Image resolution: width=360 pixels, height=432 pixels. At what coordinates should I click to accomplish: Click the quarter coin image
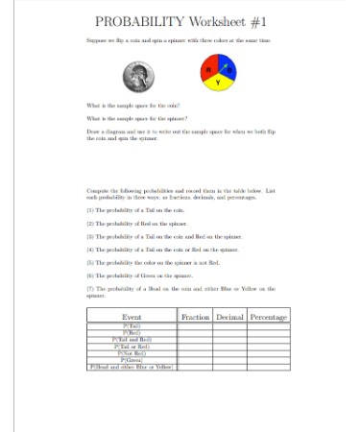136,77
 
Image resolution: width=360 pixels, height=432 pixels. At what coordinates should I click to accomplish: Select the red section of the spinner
211,71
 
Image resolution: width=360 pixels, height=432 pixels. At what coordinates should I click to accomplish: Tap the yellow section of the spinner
219,84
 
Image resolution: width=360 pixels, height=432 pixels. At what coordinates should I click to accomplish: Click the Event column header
133,316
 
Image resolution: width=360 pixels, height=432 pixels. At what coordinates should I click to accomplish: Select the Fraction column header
196,316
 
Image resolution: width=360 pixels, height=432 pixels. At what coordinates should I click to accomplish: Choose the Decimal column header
230,316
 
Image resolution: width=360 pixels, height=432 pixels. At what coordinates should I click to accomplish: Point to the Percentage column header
269,316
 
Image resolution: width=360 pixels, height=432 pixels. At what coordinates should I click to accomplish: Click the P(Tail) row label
133,326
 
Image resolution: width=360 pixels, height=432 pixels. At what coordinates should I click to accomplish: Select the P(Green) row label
133,359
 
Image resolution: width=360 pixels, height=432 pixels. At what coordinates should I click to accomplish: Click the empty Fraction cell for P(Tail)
196,326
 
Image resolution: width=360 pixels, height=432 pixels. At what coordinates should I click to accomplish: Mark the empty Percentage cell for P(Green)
269,359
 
